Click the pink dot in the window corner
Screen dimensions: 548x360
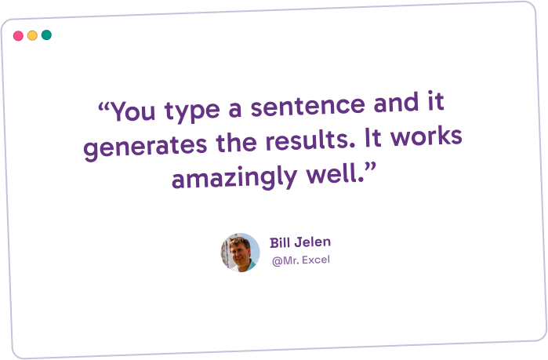[18, 35]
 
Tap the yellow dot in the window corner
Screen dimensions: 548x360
[32, 35]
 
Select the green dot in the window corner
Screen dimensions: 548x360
[46, 35]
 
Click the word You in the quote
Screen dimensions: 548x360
[132, 111]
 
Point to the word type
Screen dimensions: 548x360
[192, 111]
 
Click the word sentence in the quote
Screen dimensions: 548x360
[308, 106]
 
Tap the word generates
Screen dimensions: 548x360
[145, 147]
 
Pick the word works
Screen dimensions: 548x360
[426, 136]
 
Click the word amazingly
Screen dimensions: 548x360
[234, 177]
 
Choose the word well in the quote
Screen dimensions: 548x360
[335, 173]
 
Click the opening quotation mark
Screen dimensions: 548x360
[103, 106]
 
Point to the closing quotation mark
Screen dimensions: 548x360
[370, 166]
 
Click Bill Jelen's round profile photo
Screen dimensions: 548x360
[240, 253]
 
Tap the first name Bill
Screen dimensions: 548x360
[281, 242]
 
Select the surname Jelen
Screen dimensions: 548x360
[313, 242]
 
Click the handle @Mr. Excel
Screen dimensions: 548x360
[301, 260]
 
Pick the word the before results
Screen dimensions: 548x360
[236, 143]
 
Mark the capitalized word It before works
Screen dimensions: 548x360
[372, 137]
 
